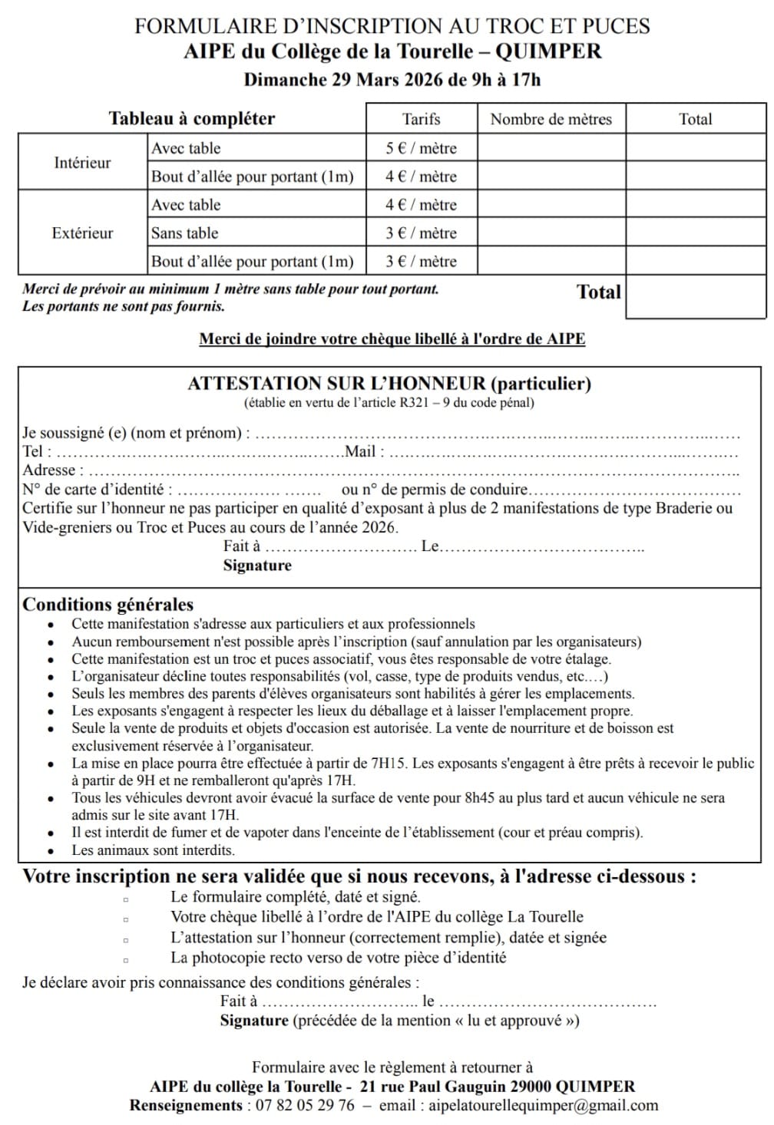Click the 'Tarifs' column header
(421, 119)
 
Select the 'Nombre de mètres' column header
(551, 119)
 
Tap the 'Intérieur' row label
(82, 163)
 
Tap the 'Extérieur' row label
(82, 233)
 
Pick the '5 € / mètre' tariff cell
(421, 148)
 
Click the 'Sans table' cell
(184, 233)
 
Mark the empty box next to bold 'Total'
(695, 295)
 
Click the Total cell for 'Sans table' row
(695, 233)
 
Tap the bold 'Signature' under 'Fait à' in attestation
(257, 566)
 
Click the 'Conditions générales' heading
(107, 604)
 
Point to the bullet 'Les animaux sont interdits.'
(153, 850)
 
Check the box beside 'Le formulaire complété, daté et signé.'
(126, 897)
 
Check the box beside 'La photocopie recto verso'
(126, 958)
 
